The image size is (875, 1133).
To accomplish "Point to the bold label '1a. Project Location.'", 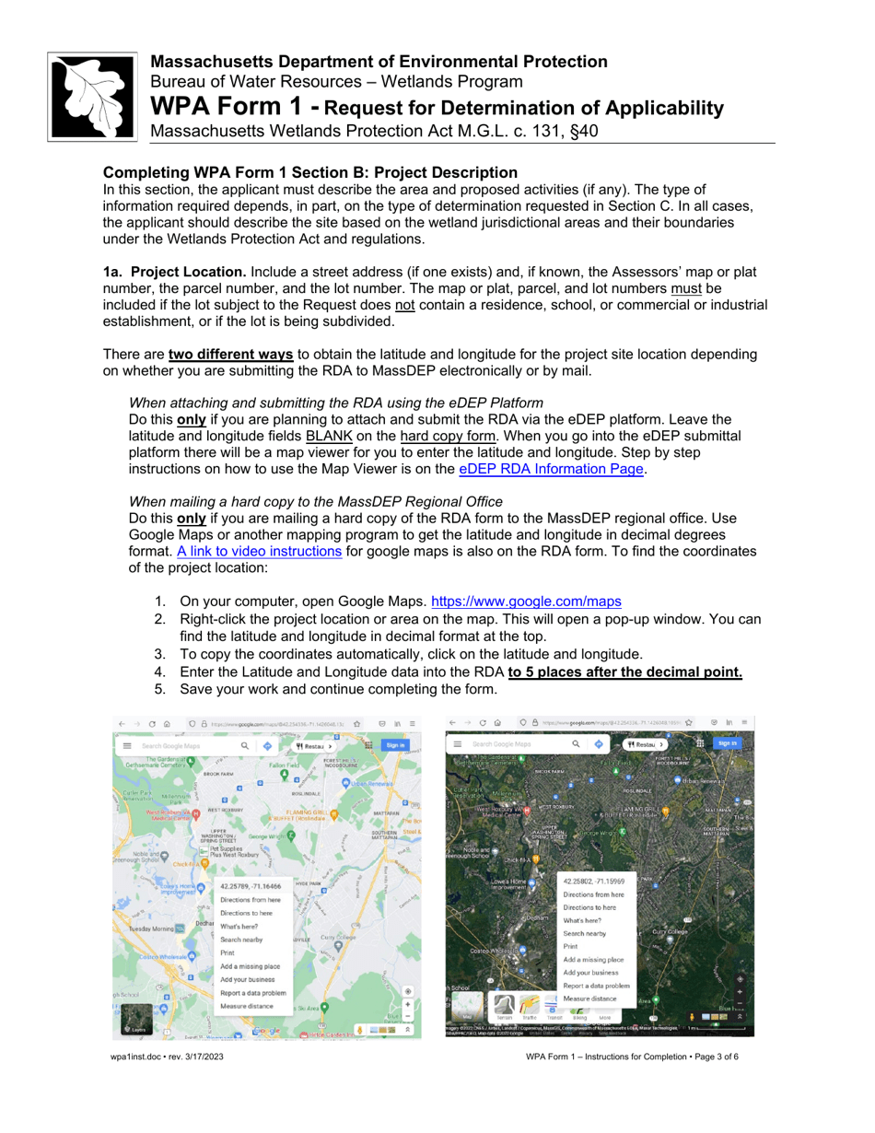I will (174, 272).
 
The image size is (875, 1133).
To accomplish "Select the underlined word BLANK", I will (325, 435).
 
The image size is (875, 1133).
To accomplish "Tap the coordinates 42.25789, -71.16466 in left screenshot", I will (250, 885).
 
